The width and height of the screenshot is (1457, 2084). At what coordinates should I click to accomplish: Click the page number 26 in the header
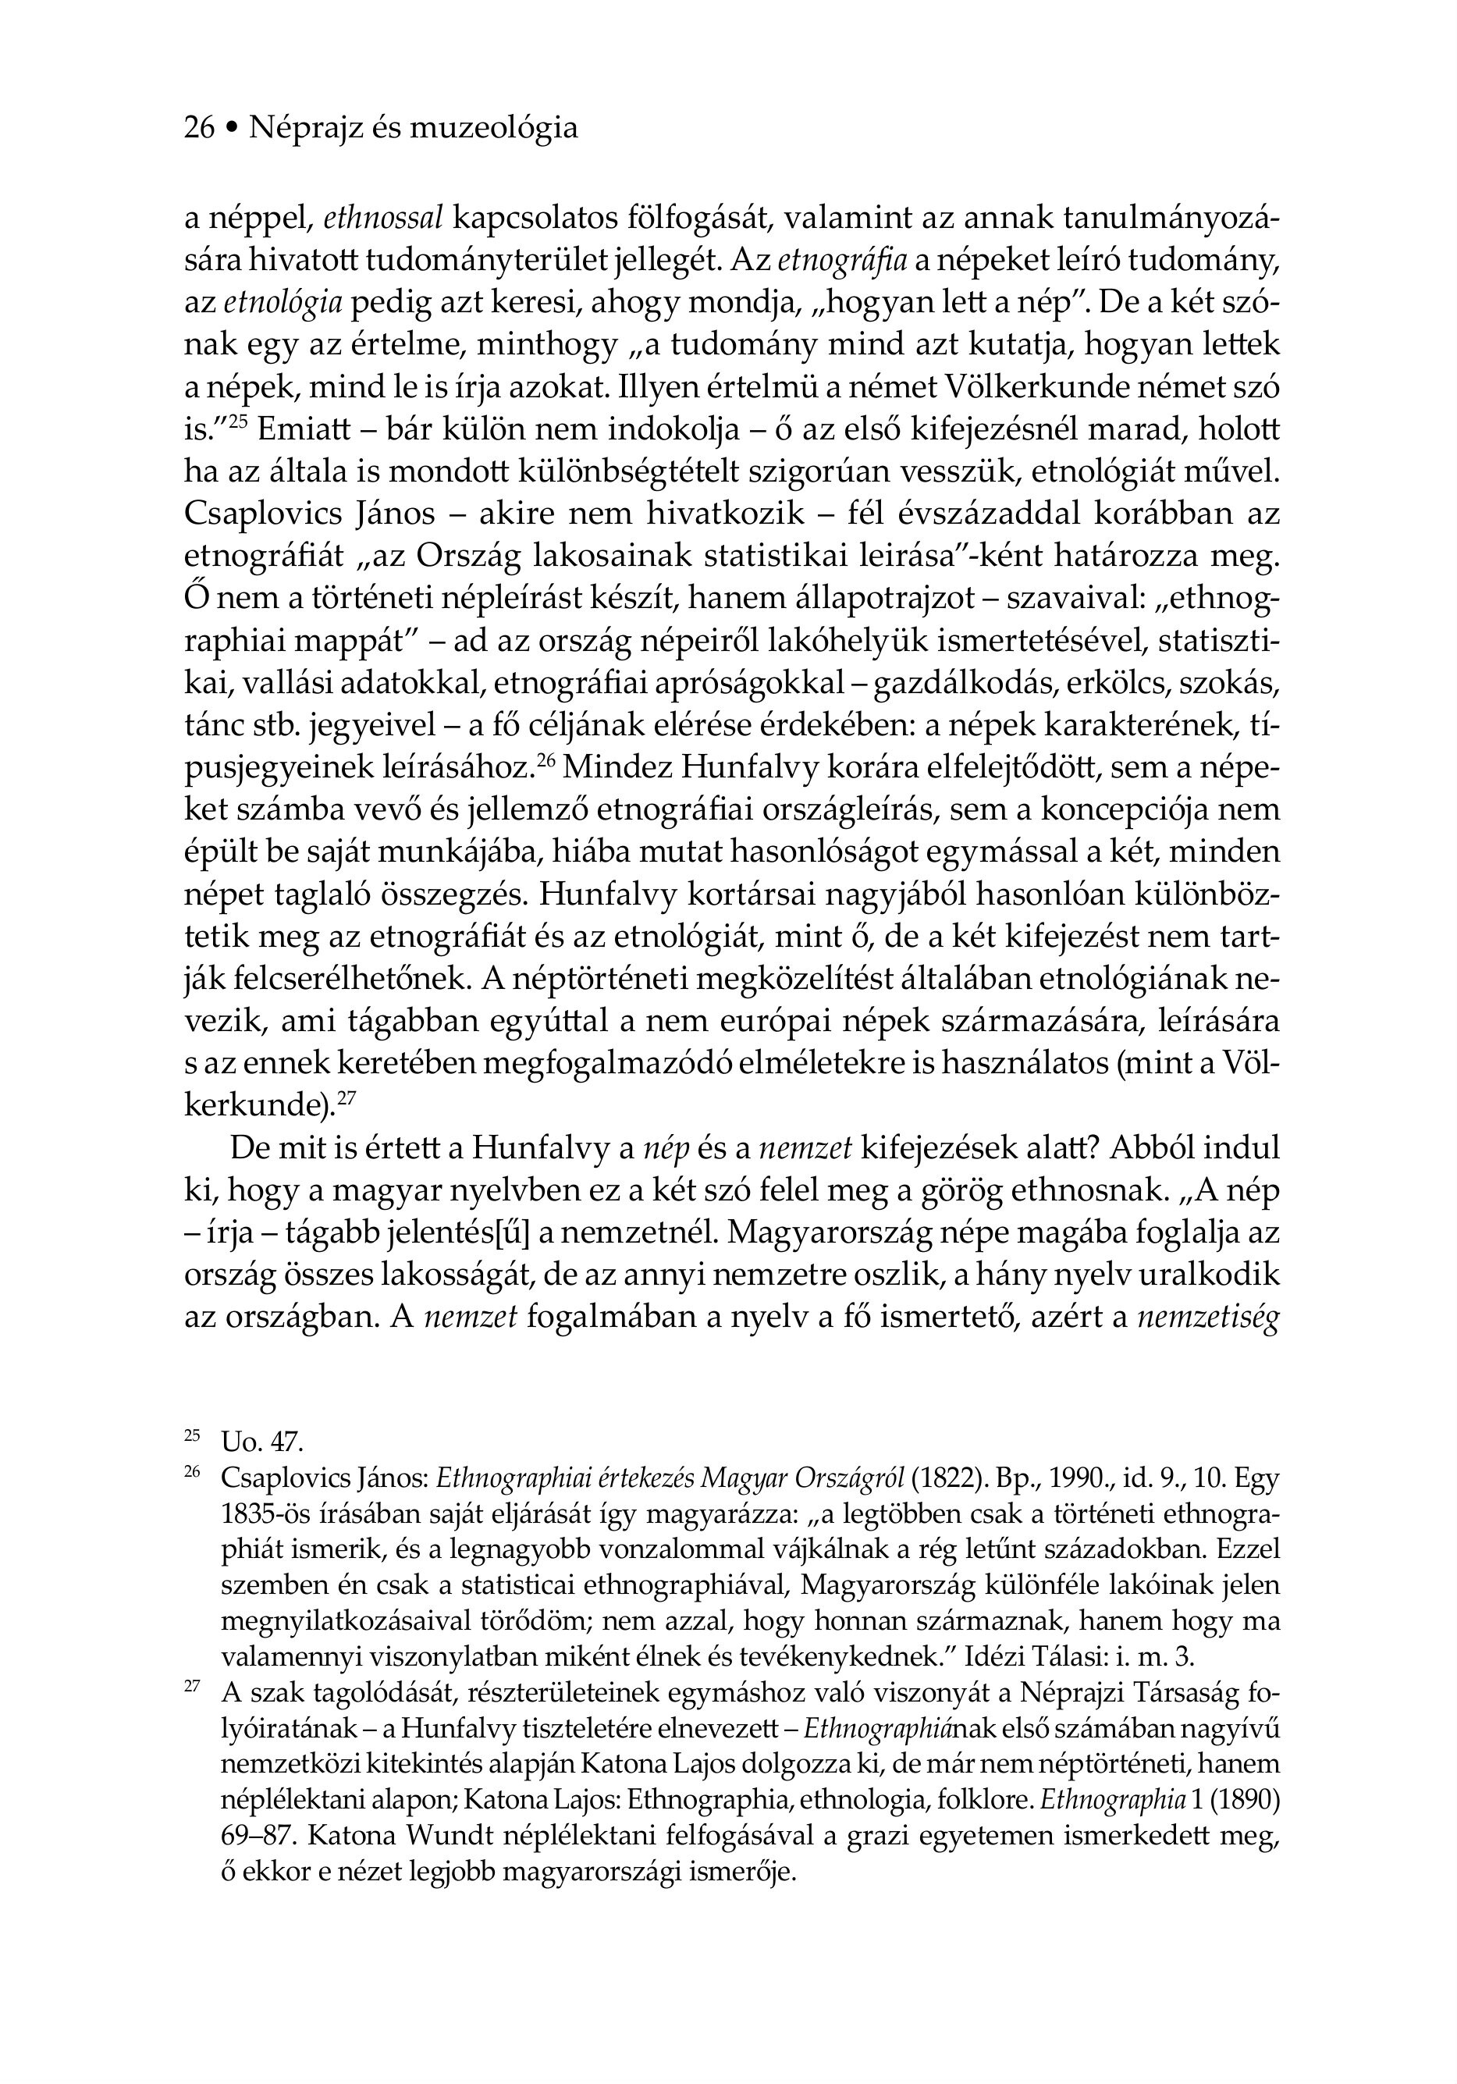[x=199, y=128]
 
